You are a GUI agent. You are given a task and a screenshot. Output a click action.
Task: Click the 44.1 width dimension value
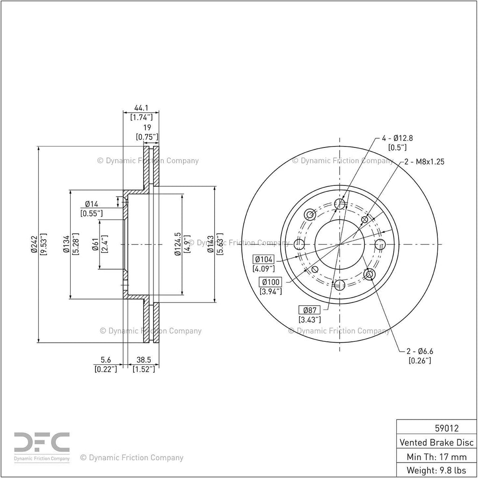(141, 108)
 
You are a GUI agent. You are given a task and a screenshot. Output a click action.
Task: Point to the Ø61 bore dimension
(95, 244)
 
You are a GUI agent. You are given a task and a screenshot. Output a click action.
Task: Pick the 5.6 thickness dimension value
(105, 360)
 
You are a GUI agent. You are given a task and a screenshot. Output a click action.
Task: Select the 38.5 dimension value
(144, 360)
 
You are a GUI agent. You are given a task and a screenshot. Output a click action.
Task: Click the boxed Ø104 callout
(264, 259)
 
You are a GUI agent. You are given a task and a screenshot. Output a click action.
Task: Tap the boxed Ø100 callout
(270, 282)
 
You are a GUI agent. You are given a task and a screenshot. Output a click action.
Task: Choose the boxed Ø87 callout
(310, 310)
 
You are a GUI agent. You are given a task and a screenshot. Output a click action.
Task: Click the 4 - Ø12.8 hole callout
(398, 138)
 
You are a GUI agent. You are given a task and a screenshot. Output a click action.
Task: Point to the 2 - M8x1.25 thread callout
(424, 162)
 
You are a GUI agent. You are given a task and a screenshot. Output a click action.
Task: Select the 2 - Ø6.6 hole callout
(420, 351)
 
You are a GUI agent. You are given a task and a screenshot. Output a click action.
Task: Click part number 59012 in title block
(447, 428)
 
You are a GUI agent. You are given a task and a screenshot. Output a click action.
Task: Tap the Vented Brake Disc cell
(436, 442)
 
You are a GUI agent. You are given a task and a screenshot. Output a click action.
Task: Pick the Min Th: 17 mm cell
(436, 456)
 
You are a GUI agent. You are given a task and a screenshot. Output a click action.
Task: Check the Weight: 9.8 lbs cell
(436, 470)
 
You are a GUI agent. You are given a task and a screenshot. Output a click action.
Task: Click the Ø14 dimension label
(92, 204)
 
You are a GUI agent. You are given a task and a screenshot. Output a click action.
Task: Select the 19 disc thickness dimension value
(147, 127)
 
